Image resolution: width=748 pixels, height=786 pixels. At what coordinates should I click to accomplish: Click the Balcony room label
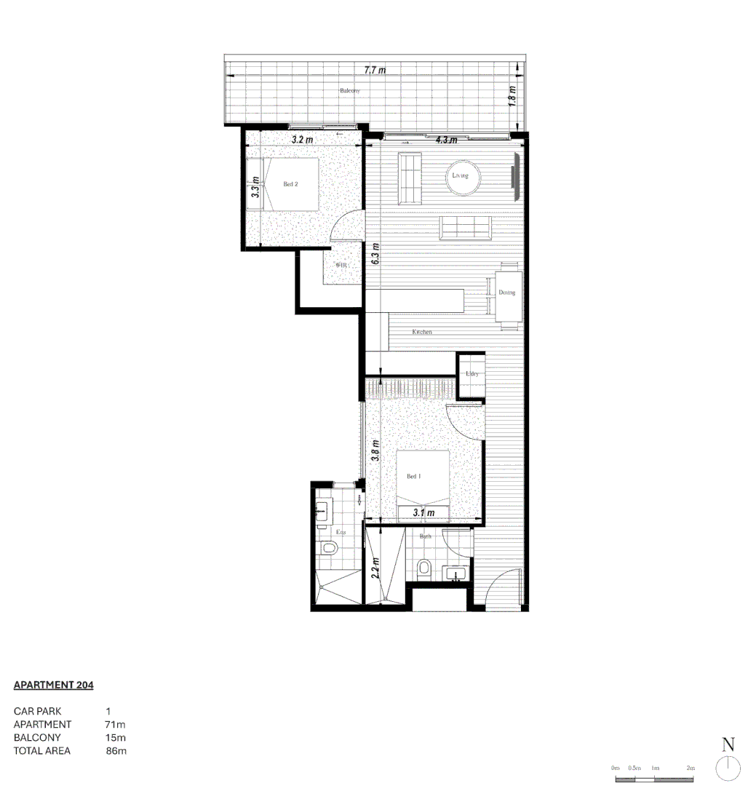tap(350, 91)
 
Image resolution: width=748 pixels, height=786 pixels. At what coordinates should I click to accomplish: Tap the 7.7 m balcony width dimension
tap(375, 71)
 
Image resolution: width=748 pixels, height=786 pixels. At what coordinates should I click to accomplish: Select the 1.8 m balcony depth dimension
tap(512, 95)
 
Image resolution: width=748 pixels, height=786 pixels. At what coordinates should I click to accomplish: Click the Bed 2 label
tap(290, 185)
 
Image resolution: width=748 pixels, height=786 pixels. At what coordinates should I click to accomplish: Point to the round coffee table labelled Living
tap(461, 176)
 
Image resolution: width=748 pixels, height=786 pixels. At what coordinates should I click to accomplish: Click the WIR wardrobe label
tap(342, 266)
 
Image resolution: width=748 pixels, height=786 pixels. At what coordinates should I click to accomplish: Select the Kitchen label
tap(422, 332)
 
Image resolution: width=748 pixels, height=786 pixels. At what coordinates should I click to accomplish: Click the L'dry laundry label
tap(472, 374)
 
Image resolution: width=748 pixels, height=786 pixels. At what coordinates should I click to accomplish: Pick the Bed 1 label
tap(414, 477)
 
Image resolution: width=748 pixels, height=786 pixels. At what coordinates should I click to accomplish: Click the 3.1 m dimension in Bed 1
tap(423, 513)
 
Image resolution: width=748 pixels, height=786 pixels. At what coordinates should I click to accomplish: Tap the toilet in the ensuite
tap(329, 548)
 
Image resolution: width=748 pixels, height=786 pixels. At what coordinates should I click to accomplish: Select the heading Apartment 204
tap(54, 685)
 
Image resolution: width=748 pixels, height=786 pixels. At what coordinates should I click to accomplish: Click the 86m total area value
tap(116, 750)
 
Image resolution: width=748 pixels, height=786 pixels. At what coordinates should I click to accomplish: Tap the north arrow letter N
tap(728, 745)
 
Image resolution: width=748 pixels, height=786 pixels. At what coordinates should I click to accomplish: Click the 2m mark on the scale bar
tap(690, 768)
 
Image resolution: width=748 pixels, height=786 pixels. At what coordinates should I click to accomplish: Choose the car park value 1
tap(108, 711)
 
